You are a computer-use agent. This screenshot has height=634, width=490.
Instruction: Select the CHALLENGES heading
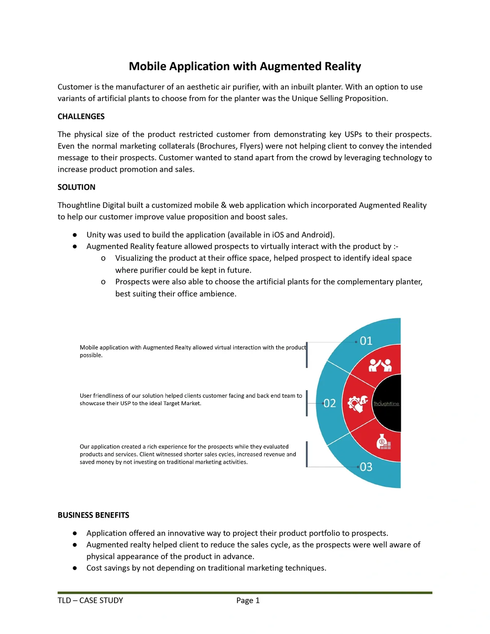click(81, 117)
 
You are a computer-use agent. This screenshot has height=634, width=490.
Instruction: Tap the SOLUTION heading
click(77, 187)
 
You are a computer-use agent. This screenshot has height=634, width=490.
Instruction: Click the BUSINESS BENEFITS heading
click(93, 515)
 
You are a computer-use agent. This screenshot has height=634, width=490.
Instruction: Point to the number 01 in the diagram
click(366, 341)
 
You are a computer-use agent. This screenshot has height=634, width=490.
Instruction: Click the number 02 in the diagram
click(330, 403)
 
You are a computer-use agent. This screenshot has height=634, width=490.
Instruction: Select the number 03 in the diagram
click(366, 467)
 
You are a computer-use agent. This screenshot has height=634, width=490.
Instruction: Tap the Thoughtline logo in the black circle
click(386, 404)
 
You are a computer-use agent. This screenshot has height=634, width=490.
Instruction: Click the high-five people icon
click(380, 365)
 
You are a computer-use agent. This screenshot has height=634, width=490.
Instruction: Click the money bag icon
click(383, 442)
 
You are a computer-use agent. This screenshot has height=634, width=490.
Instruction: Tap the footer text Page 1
click(248, 601)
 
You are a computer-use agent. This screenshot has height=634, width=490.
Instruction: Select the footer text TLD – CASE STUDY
click(90, 601)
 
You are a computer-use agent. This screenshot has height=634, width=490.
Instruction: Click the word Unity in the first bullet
click(96, 235)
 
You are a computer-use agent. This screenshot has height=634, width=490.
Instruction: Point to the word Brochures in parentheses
click(216, 146)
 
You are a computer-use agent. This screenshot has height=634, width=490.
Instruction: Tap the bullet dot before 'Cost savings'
click(75, 568)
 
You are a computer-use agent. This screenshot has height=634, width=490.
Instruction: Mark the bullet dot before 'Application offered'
click(75, 533)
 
